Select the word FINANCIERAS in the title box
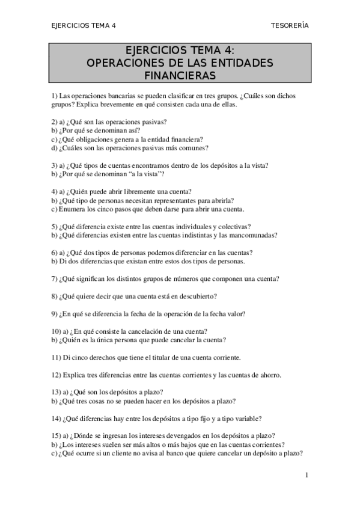click(x=180, y=75)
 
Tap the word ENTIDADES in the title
click(x=243, y=62)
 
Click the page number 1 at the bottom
click(x=307, y=475)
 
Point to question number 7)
click(x=55, y=278)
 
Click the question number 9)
click(x=55, y=313)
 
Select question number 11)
click(x=57, y=357)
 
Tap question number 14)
click(x=57, y=419)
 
